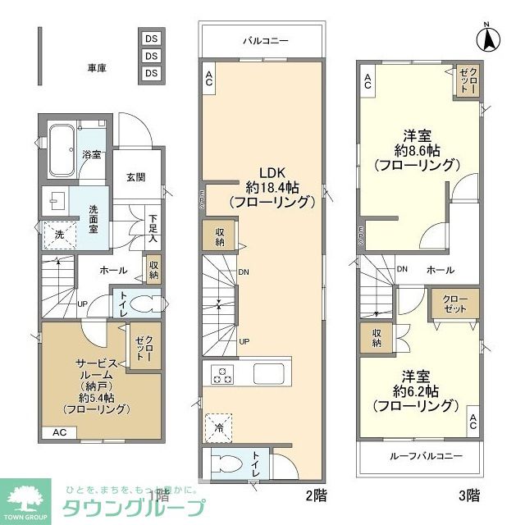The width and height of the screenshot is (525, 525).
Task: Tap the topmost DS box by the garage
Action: pyautogui.click(x=151, y=39)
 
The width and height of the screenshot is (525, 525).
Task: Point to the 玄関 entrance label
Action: pyautogui.click(x=135, y=176)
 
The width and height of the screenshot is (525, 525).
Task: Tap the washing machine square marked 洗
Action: pyautogui.click(x=57, y=235)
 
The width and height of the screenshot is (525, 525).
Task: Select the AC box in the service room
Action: pyautogui.click(x=60, y=432)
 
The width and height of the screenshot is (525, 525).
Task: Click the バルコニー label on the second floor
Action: pyautogui.click(x=264, y=39)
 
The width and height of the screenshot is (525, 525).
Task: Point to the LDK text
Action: pyautogui.click(x=272, y=173)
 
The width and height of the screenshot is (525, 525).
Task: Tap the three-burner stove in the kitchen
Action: pyautogui.click(x=223, y=374)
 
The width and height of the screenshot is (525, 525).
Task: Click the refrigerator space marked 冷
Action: pyautogui.click(x=218, y=425)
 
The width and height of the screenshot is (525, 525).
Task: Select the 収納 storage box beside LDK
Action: pyautogui.click(x=221, y=236)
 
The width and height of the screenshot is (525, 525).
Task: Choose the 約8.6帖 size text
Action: pyautogui.click(x=415, y=150)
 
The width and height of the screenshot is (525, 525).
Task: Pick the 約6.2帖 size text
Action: pyautogui.click(x=415, y=390)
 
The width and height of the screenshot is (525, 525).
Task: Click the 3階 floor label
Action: pyautogui.click(x=469, y=495)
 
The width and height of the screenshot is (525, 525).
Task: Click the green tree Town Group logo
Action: pyautogui.click(x=28, y=497)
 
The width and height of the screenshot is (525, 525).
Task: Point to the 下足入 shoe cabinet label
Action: pyautogui.click(x=153, y=231)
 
